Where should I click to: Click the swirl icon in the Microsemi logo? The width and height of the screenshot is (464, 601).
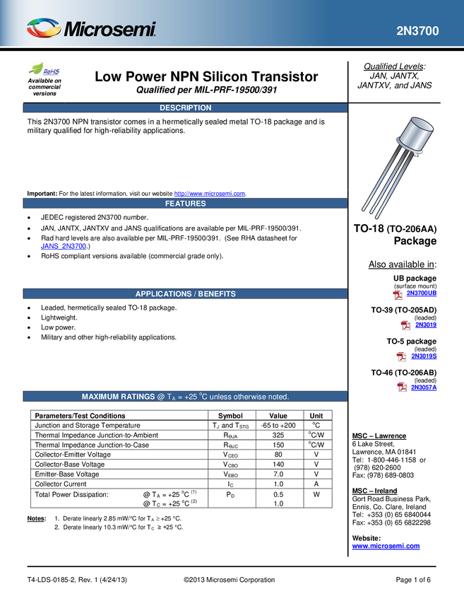click(44, 28)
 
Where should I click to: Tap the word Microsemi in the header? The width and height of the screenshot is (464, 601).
click(109, 30)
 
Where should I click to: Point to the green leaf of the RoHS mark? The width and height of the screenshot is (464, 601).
click(35, 69)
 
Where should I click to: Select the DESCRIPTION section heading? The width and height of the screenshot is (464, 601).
click(185, 108)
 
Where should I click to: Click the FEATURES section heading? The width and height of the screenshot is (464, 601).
click(185, 204)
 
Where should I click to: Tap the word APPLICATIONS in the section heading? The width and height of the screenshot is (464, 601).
click(163, 294)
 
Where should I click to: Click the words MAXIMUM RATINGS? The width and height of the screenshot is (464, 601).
click(118, 397)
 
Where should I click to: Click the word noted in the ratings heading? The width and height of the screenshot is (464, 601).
click(278, 397)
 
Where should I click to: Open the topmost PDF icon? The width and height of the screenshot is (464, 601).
click(398, 295)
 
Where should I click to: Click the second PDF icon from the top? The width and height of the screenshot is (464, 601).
click(405, 325)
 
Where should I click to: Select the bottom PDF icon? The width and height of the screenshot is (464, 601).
click(402, 386)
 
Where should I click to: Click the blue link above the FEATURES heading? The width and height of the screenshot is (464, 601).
click(210, 192)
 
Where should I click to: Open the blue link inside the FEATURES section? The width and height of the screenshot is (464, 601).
click(64, 245)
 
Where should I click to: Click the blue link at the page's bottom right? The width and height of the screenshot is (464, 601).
click(386, 546)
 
